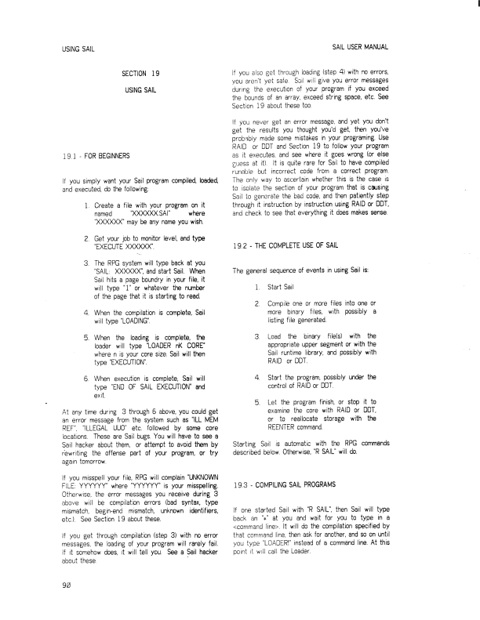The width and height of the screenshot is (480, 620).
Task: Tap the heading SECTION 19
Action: [x=141, y=74]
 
